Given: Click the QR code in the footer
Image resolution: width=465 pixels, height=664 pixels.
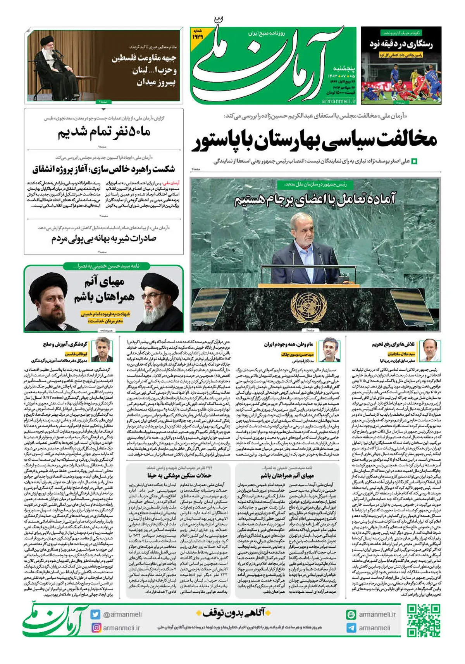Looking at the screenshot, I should coord(424,621).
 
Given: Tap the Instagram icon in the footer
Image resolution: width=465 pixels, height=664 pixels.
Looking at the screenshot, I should coord(96,628).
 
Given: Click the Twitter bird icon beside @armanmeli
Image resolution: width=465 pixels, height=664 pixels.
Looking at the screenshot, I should coord(96,614).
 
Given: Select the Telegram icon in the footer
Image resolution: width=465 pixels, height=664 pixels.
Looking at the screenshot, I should coord(351,628).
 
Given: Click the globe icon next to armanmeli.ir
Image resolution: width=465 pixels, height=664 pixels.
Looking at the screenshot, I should coord(351,614).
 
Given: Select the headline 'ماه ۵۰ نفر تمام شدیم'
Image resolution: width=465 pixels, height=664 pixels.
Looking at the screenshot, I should coord(104,132).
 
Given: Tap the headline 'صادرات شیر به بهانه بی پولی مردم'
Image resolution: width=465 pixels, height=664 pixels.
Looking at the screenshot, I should coord(104,239).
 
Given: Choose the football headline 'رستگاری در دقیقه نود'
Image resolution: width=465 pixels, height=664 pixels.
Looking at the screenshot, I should coord(401,44).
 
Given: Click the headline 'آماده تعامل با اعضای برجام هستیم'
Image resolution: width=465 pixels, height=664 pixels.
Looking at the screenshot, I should coord(315,199).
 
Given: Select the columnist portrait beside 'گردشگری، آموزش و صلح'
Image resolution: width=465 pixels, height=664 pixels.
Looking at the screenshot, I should coord(103,349).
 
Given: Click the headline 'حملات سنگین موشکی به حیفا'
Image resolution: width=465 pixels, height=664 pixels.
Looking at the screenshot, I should coord(179,476).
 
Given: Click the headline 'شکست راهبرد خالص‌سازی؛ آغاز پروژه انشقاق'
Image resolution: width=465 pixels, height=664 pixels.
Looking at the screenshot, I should coord(103,169).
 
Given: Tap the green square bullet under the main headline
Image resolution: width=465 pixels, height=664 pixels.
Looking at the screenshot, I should coord(414,161).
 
